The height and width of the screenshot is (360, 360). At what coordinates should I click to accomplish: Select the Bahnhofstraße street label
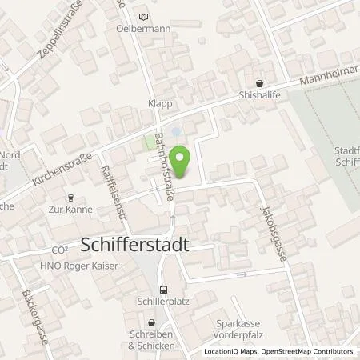(x=166, y=168)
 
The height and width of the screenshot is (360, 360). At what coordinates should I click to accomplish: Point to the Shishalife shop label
(x=259, y=99)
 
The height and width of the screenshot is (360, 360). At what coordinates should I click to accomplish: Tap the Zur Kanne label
(x=70, y=210)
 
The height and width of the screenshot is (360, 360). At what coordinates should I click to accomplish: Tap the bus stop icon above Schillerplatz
(x=164, y=290)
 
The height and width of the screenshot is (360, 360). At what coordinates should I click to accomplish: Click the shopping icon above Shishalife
(x=259, y=84)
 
